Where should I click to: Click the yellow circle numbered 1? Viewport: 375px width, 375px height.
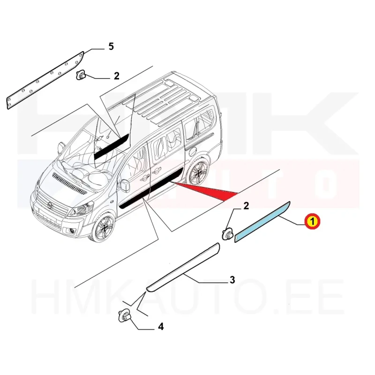[312, 221]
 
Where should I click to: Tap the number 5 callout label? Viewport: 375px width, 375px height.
[111, 46]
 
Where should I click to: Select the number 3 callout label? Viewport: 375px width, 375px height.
[232, 279]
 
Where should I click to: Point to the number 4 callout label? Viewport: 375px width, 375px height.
[161, 326]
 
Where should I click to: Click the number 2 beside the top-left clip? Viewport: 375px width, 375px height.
[116, 76]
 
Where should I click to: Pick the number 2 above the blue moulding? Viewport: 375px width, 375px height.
[246, 206]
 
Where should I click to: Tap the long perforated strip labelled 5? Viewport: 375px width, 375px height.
[45, 80]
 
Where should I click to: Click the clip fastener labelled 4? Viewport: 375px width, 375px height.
[124, 315]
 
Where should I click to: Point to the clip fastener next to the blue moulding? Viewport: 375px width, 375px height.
[227, 234]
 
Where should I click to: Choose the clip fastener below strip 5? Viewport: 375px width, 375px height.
[81, 75]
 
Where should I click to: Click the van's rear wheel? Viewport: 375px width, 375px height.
[198, 172]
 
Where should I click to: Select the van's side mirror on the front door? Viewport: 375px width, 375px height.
[125, 186]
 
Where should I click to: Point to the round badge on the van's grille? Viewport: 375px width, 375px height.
[50, 205]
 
